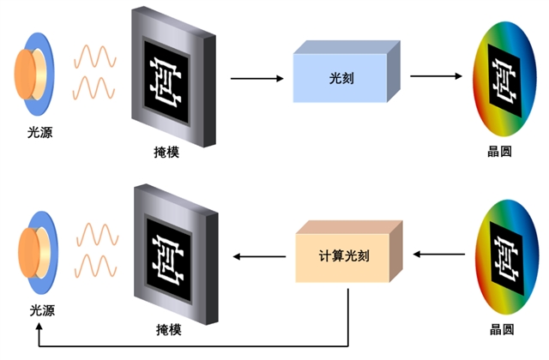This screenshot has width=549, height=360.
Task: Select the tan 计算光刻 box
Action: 346,255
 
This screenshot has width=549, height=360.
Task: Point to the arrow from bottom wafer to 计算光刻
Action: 442,255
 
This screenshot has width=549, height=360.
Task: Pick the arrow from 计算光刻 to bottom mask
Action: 261,255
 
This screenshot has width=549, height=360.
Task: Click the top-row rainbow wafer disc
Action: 504,79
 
